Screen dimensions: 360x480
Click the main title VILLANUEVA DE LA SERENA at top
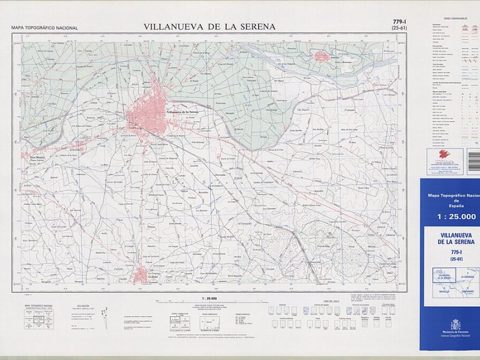[x=209, y=26]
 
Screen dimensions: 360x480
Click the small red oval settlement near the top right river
[x=323, y=56]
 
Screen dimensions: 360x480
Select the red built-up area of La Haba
[x=140, y=275]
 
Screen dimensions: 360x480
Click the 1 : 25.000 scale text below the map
[x=206, y=298]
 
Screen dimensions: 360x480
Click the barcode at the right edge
[x=474, y=160]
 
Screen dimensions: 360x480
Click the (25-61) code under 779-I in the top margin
[x=398, y=28]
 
